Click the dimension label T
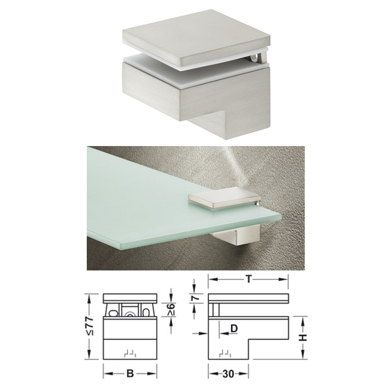pyautogui.click(x=248, y=279)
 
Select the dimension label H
pyautogui.click(x=303, y=338)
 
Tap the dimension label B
pyautogui.click(x=130, y=374)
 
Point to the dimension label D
pyautogui.click(x=234, y=328)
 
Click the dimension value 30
pyautogui.click(x=228, y=374)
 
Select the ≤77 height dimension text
pyautogui.click(x=90, y=326)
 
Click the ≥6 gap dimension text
pyautogui.click(x=171, y=310)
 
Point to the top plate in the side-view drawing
pyautogui.click(x=248, y=298)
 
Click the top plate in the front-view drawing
pyautogui.click(x=130, y=298)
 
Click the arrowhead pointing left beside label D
pyautogui.click(x=223, y=333)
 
